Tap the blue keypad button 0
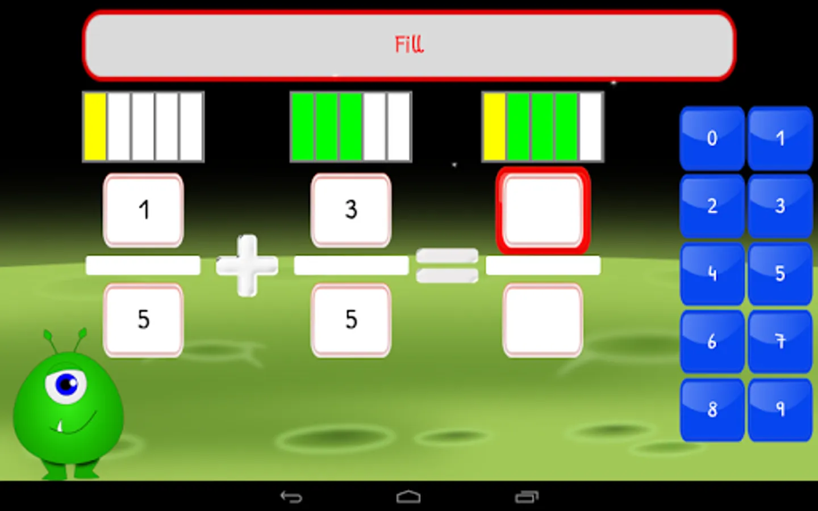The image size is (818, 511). (712, 138)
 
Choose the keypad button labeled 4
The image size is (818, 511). (712, 274)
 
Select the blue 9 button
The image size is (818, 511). (780, 409)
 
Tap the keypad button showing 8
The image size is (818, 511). (712, 409)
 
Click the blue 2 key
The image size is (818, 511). (712, 206)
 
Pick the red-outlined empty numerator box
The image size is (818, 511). (543, 211)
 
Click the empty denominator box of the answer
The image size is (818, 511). (543, 320)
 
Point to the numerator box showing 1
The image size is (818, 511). (143, 210)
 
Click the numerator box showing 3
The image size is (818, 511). (351, 210)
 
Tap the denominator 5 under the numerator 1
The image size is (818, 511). (143, 320)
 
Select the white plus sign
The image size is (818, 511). (247, 265)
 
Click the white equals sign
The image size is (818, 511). (447, 265)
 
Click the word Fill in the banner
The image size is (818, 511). (409, 44)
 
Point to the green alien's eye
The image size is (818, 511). (67, 385)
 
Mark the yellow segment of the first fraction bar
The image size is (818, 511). (95, 127)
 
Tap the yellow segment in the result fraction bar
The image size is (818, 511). (495, 127)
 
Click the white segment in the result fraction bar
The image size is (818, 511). (591, 127)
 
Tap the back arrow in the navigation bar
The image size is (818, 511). (291, 497)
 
